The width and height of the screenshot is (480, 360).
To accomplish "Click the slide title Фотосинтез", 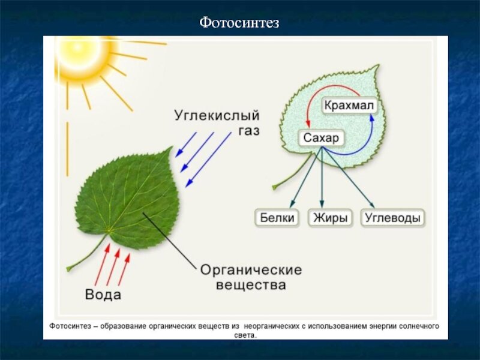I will click(x=239, y=23).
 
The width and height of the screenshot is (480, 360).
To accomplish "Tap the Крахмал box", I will click(x=349, y=106).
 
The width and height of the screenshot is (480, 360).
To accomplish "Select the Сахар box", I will click(x=321, y=139).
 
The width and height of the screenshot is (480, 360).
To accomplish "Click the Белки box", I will click(x=278, y=218).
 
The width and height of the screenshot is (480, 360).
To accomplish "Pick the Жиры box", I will click(x=330, y=218).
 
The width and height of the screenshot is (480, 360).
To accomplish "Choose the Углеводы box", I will click(x=393, y=218).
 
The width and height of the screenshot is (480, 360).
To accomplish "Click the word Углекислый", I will click(x=217, y=114).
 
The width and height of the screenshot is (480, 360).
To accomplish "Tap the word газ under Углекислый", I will click(x=247, y=130).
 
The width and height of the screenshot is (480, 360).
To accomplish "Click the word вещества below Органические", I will click(x=253, y=286).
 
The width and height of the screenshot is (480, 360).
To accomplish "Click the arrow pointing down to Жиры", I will click(x=322, y=177).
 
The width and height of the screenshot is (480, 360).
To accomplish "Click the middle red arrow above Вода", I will click(x=113, y=268).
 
